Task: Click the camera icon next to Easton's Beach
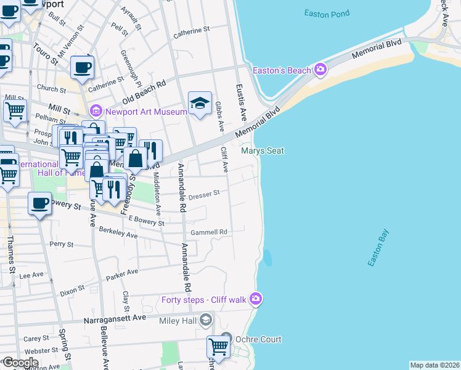(320, 70)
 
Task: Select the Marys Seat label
(262, 150)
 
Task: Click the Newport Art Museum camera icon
(96, 112)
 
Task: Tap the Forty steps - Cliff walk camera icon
(256, 300)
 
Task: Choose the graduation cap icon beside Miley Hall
(206, 319)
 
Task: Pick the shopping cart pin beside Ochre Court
(218, 347)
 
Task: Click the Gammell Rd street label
(210, 232)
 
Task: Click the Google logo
(20, 363)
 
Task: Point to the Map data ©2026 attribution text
(434, 365)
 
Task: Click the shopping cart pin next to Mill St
(15, 111)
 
